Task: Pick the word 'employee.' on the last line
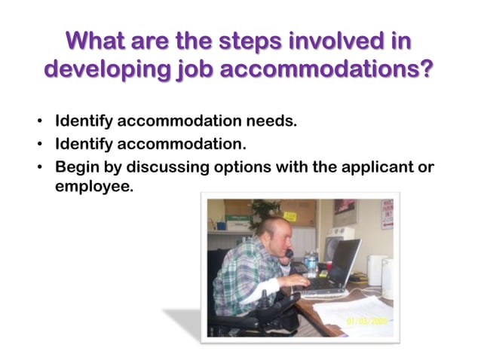click(x=94, y=185)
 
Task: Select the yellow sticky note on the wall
click(x=290, y=216)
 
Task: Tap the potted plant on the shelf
click(x=265, y=212)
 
